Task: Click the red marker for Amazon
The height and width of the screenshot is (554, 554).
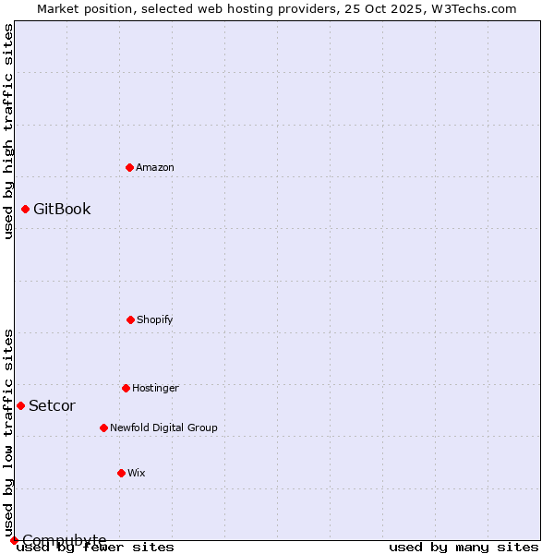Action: pos(130,167)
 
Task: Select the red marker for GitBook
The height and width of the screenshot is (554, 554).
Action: pos(25,209)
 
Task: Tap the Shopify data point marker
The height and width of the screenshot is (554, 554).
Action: pos(130,319)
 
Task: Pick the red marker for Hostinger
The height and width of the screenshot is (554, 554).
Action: pos(126,388)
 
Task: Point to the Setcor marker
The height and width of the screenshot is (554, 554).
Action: pos(20,405)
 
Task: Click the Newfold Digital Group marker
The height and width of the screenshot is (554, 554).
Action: pos(103,428)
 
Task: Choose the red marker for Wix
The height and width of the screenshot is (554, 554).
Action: pos(121,473)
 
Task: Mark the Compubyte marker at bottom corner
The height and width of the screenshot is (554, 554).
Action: pos(14,540)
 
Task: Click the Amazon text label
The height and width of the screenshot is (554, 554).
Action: pos(155,167)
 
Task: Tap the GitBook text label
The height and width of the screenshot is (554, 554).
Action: pos(62,209)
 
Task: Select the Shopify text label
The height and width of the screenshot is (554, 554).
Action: pos(155,319)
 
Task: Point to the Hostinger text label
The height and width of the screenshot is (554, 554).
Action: pos(155,388)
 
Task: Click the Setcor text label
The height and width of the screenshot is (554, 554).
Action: pos(52,405)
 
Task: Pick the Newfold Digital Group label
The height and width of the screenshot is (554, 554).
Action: pos(163,428)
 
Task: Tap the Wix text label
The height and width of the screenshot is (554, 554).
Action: pos(137,473)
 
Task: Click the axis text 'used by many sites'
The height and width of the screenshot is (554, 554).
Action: pos(464,547)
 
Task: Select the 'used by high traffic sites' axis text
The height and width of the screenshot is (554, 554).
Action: pos(8,131)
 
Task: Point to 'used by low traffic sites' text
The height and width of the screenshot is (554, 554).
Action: pos(8,432)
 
